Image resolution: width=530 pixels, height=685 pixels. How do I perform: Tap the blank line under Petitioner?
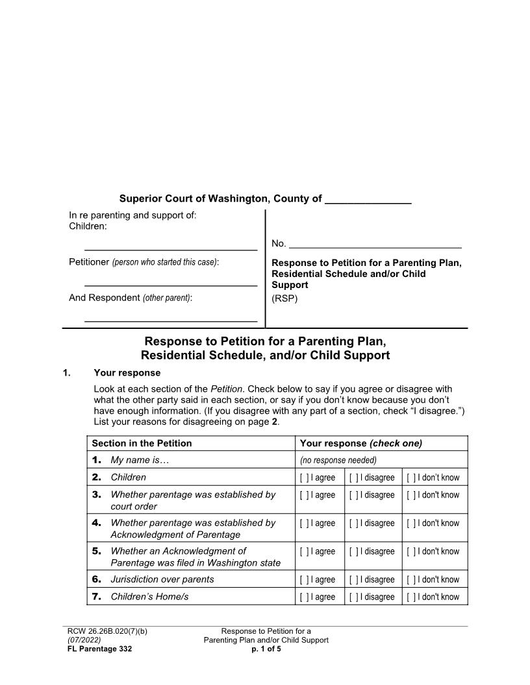click(171, 284)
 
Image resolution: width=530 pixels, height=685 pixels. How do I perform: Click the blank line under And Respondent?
click(171, 320)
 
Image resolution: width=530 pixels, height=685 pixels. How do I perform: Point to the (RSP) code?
click(284, 298)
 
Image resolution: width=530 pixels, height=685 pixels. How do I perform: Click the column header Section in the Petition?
click(142, 444)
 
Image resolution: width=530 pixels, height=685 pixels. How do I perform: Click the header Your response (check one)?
click(360, 444)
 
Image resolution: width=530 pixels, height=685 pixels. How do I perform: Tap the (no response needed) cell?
click(338, 461)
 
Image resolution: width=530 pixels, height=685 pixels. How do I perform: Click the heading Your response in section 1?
click(127, 373)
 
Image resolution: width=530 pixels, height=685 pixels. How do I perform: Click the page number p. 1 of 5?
click(266, 649)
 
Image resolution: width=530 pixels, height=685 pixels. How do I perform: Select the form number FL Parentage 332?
click(100, 649)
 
